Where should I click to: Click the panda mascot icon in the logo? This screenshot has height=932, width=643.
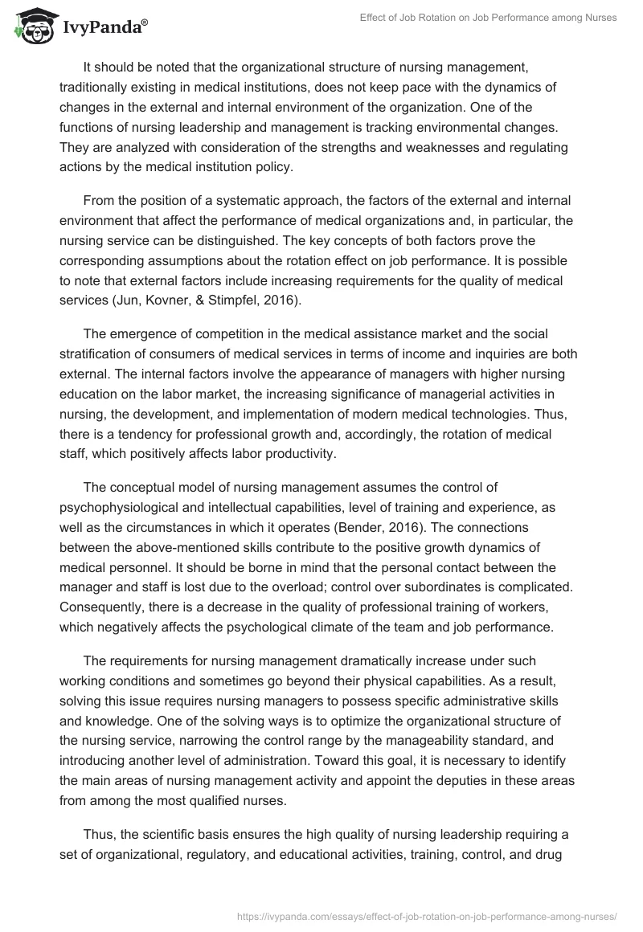click(x=31, y=25)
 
